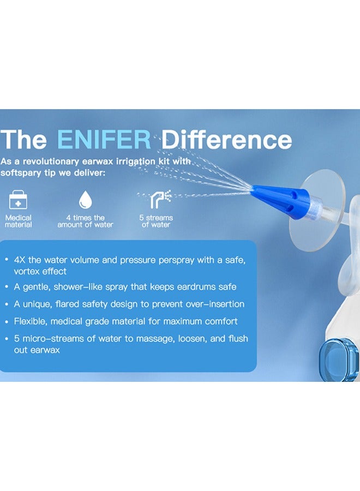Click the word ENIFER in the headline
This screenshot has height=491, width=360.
click(104, 140)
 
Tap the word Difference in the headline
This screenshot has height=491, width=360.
click(226, 140)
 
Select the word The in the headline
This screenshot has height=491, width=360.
click(26, 140)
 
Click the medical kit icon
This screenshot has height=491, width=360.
click(19, 199)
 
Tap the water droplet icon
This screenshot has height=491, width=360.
click(85, 199)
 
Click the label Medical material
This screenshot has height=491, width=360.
click(19, 221)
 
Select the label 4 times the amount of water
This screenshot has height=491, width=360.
click(85, 221)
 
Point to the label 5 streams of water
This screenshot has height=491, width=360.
click(156, 221)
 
